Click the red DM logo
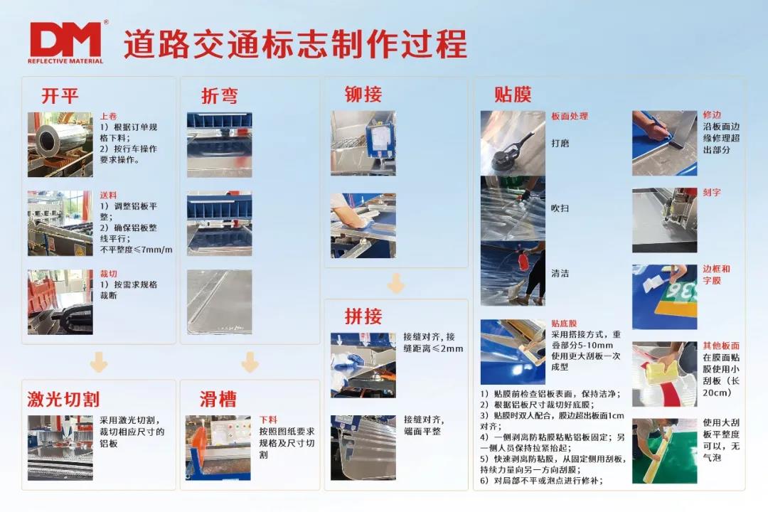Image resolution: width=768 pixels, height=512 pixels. [x=66, y=42]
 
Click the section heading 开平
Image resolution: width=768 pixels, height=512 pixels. [x=60, y=95]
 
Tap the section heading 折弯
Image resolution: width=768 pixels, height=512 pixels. [x=220, y=95]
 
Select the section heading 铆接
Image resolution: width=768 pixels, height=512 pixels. [x=363, y=94]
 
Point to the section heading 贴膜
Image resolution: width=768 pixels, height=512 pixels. [x=513, y=94]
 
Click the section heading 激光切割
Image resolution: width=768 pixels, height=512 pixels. [x=64, y=400]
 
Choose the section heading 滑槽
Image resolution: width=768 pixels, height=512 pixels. [x=218, y=400]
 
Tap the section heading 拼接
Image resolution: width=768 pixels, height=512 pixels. [x=363, y=316]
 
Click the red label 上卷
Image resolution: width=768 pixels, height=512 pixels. [x=108, y=116]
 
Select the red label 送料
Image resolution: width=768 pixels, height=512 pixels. [x=108, y=195]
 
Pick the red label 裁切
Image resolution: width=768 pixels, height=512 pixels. [x=108, y=273]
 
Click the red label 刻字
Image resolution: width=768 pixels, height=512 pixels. [x=712, y=192]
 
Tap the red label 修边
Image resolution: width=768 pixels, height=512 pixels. [x=712, y=114]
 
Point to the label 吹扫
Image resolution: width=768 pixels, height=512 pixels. [x=560, y=208]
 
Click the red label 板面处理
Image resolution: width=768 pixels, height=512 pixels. [x=570, y=116]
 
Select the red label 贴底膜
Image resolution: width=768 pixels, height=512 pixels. [x=564, y=324]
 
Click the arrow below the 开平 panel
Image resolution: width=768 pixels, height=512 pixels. [x=99, y=362]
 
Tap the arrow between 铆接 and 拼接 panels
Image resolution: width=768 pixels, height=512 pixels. [x=396, y=283]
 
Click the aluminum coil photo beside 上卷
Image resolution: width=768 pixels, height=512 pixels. [x=60, y=144]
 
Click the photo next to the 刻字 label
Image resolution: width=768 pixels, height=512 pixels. [x=665, y=220]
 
